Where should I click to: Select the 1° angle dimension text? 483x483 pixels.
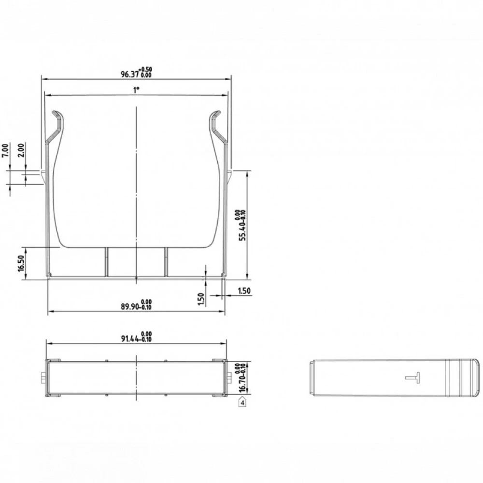pyautogui.click(x=136, y=90)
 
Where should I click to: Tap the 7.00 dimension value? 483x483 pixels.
pyautogui.click(x=5, y=151)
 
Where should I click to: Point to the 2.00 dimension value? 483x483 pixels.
pyautogui.click(x=21, y=150)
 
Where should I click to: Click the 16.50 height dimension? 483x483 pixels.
pyautogui.click(x=21, y=263)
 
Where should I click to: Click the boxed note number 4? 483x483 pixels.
pyautogui.click(x=243, y=402)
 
